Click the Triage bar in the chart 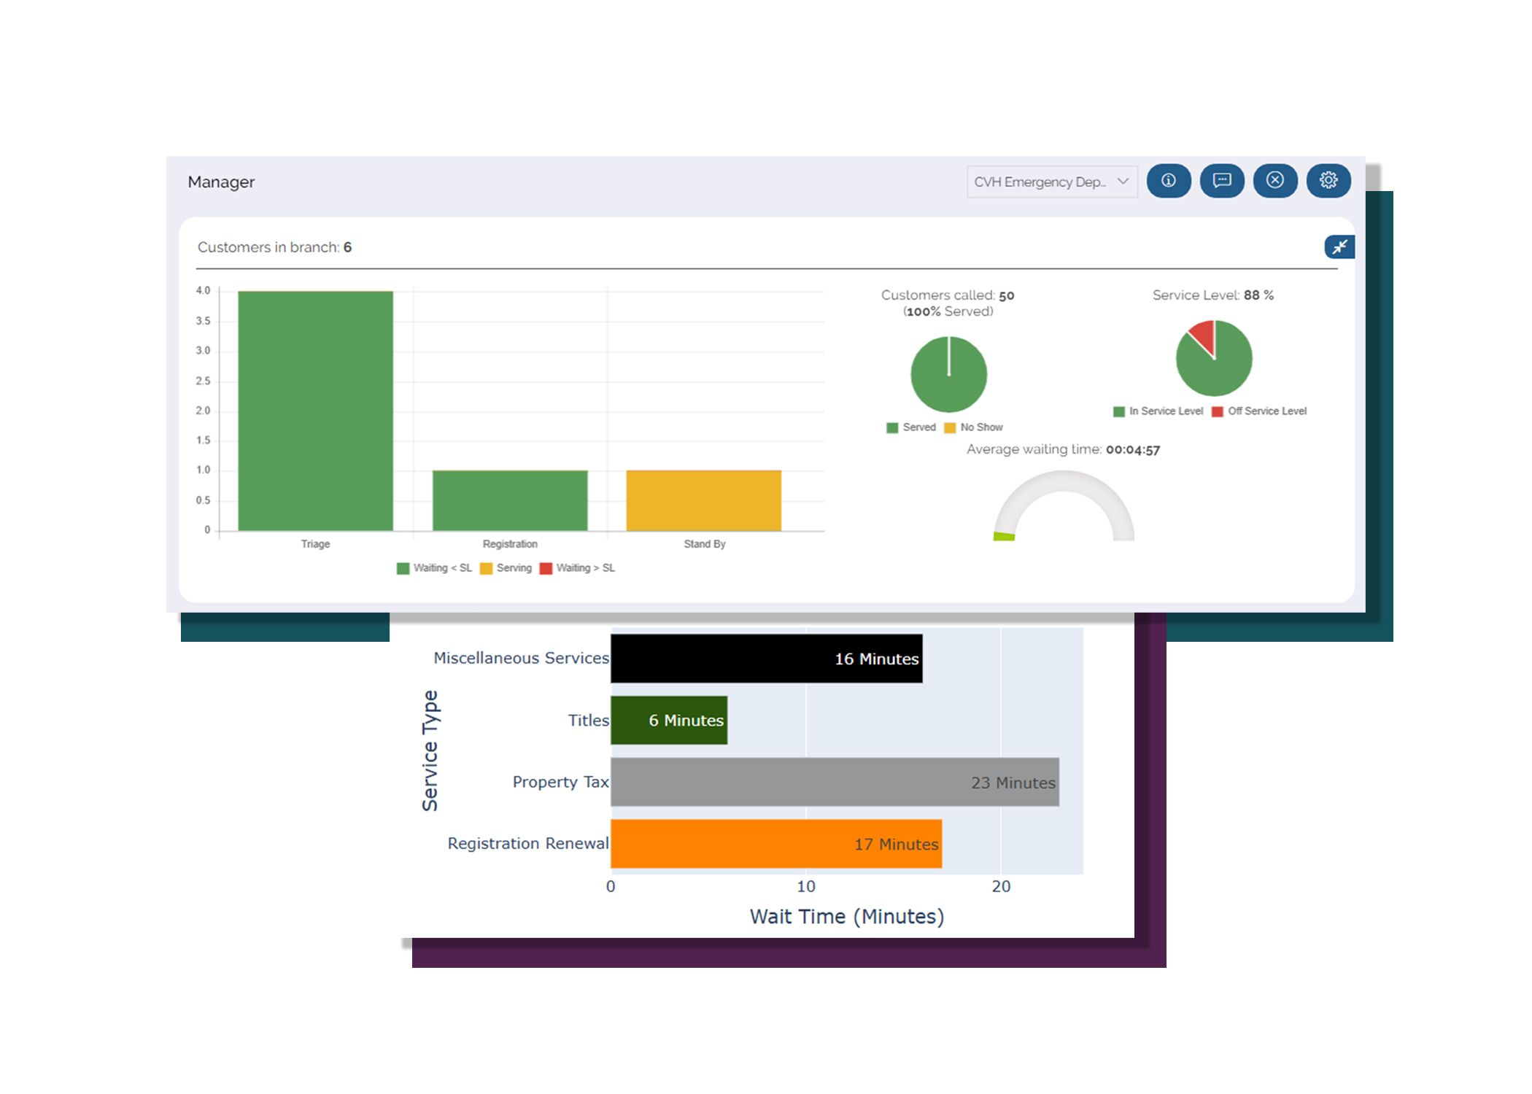[315, 411]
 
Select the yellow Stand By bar [703, 500]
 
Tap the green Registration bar [510, 500]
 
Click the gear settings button [1328, 181]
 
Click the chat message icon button [1222, 181]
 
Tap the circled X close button [1274, 181]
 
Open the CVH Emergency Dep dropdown [1051, 182]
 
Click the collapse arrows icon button [1339, 247]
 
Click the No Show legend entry [974, 427]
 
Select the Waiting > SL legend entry [578, 568]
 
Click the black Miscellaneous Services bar [766, 659]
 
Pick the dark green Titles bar [669, 721]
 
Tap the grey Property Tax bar [835, 782]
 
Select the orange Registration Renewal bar [776, 844]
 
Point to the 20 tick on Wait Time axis [1001, 887]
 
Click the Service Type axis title [430, 750]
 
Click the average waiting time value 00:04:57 [1132, 450]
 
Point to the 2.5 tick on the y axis [203, 381]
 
